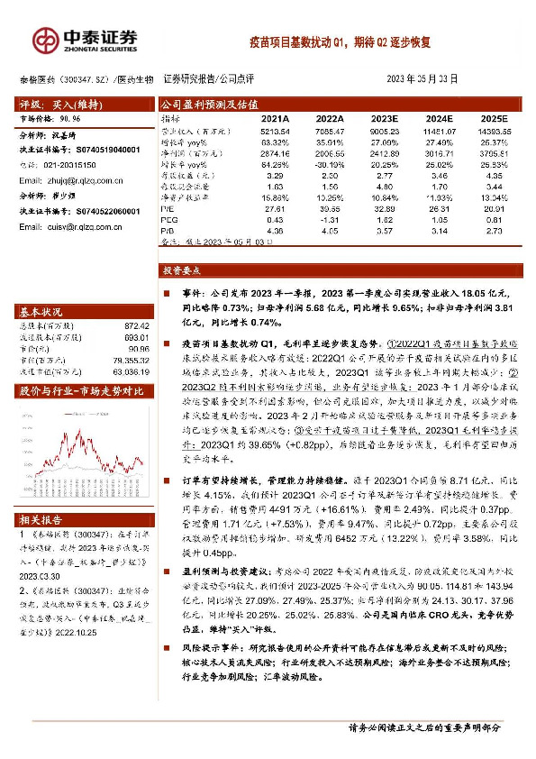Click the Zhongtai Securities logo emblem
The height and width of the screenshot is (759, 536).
point(42,38)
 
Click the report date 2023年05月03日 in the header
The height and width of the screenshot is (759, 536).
point(422,79)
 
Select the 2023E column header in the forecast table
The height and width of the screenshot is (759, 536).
point(384,118)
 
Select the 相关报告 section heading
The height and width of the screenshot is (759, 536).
point(40,520)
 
